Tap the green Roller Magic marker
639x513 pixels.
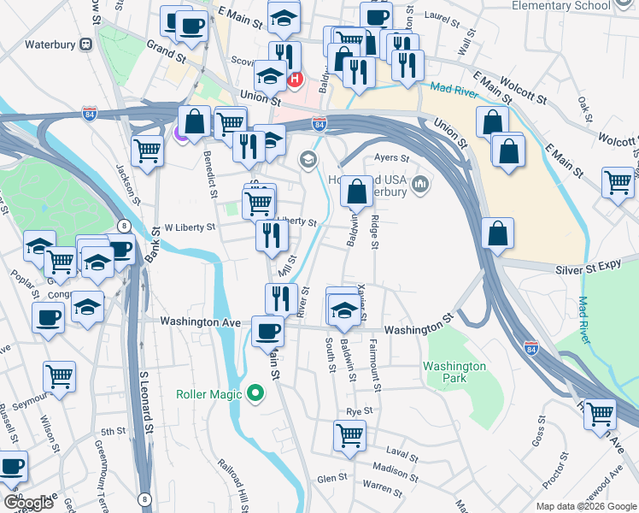255,394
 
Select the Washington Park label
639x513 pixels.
454,372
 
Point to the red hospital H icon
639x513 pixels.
296,80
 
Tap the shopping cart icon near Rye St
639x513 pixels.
350,434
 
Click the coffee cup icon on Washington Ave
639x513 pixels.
267,330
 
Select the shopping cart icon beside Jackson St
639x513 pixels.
148,151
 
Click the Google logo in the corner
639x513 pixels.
28,503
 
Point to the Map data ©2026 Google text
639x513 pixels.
586,506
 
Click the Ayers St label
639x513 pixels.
393,158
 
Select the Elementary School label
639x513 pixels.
561,6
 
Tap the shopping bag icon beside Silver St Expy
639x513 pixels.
498,233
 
